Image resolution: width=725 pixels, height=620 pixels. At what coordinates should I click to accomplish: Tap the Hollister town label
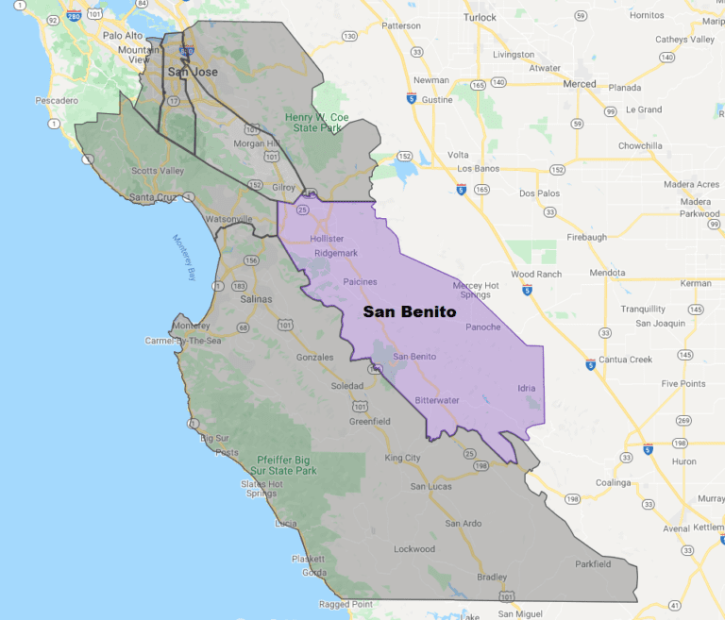[x=327, y=239]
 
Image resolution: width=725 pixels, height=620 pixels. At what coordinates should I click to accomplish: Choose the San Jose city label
[x=187, y=72]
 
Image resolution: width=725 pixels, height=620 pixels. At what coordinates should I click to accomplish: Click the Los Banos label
[x=477, y=168]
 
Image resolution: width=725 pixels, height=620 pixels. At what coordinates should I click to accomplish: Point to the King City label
[x=402, y=458]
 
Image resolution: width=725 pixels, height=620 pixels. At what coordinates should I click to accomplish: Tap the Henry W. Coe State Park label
[x=317, y=123]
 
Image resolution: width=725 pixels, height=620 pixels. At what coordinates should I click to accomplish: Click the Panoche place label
[x=483, y=327]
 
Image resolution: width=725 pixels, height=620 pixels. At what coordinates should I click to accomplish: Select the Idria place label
[x=527, y=388]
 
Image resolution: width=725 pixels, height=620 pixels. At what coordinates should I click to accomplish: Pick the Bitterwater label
[x=437, y=400]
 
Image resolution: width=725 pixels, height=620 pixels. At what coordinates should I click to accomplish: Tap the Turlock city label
[x=480, y=18]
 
